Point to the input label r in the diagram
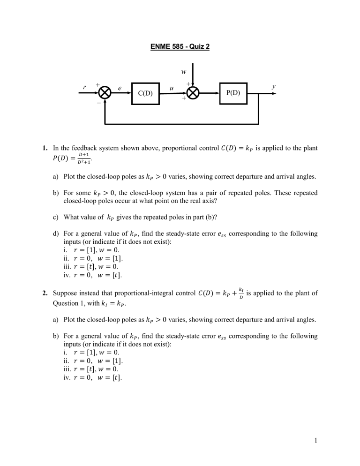[84, 87]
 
